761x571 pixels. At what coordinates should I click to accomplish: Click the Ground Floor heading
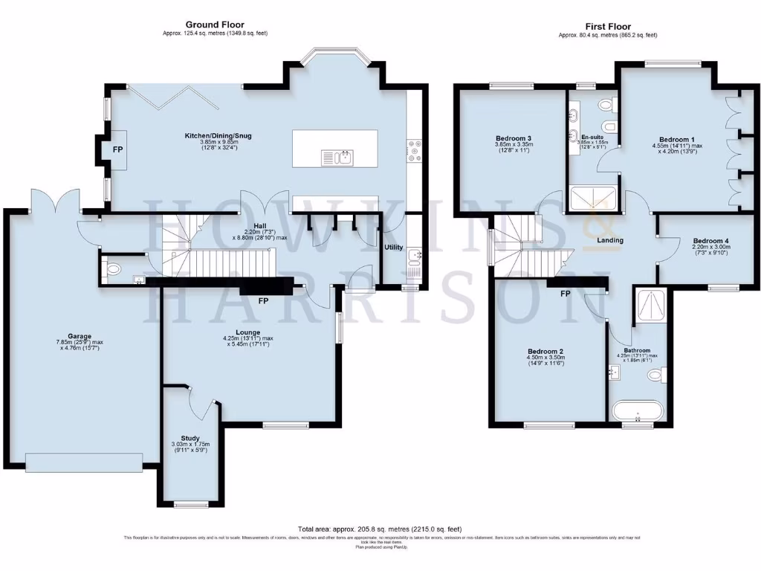[x=215, y=25]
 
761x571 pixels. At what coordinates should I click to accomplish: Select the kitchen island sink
[x=337, y=157]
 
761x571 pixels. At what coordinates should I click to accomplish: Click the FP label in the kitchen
[x=117, y=149]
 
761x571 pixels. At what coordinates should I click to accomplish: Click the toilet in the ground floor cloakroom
[x=114, y=268]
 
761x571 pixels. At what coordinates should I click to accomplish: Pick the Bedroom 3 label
[x=514, y=138]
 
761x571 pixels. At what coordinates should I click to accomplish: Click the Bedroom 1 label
[x=677, y=139]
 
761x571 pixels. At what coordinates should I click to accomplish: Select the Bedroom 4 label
[x=711, y=241]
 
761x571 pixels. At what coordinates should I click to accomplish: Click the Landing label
[x=610, y=240]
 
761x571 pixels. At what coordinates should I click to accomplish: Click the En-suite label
[x=592, y=137]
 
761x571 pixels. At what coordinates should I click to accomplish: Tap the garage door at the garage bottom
[x=84, y=462]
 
